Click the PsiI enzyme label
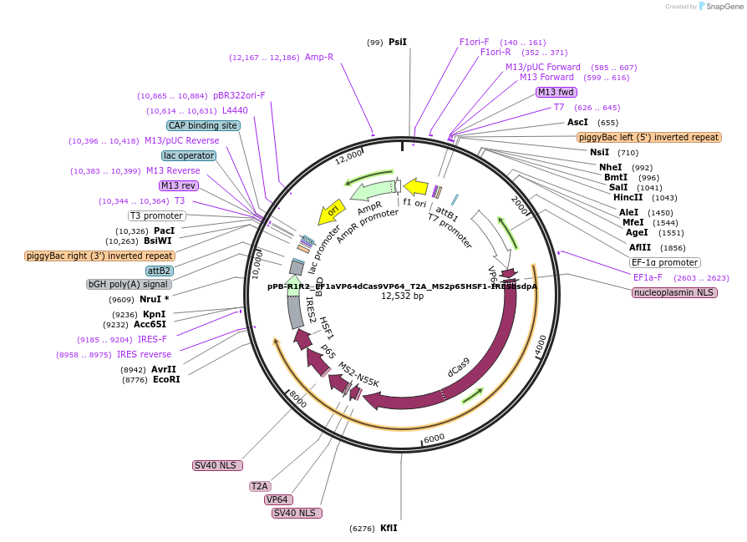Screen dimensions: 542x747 pos(397,42)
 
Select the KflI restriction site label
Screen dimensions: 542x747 pos(389,528)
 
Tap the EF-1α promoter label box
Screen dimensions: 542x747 pos(665,262)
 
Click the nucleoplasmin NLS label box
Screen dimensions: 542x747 pos(674,292)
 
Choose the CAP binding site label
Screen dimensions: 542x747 pos(203,125)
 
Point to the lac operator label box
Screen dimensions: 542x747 pos(189,155)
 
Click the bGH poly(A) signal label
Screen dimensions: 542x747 pos(130,284)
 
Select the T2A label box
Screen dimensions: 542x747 pos(260,486)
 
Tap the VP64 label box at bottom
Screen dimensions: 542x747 pos(278,499)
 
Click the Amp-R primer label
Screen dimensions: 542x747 pos(319,57)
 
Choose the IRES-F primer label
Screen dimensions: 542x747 pos(152,340)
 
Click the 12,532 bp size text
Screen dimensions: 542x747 pos(403,296)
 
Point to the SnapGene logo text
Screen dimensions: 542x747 pos(723,7)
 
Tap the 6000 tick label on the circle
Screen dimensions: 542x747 pos(434,438)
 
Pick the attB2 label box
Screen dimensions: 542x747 pos(159,271)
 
